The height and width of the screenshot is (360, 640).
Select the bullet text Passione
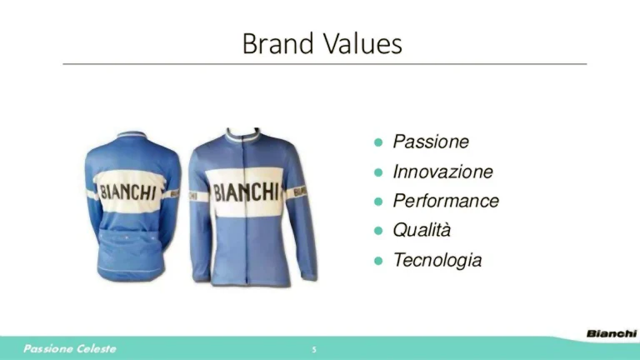431,142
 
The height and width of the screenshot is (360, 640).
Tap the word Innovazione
442,172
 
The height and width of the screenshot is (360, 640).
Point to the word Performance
446,201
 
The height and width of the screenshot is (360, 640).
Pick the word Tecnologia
437,260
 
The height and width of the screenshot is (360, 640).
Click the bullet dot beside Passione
377,142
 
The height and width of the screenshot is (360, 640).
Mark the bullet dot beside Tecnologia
377,260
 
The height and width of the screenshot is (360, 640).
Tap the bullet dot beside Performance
377,201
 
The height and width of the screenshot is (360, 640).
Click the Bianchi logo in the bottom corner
611,333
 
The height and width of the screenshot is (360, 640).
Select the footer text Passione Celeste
70,348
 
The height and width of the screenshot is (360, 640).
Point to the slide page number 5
314,349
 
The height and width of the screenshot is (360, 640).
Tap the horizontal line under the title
325,63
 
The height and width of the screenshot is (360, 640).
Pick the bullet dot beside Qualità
377,230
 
